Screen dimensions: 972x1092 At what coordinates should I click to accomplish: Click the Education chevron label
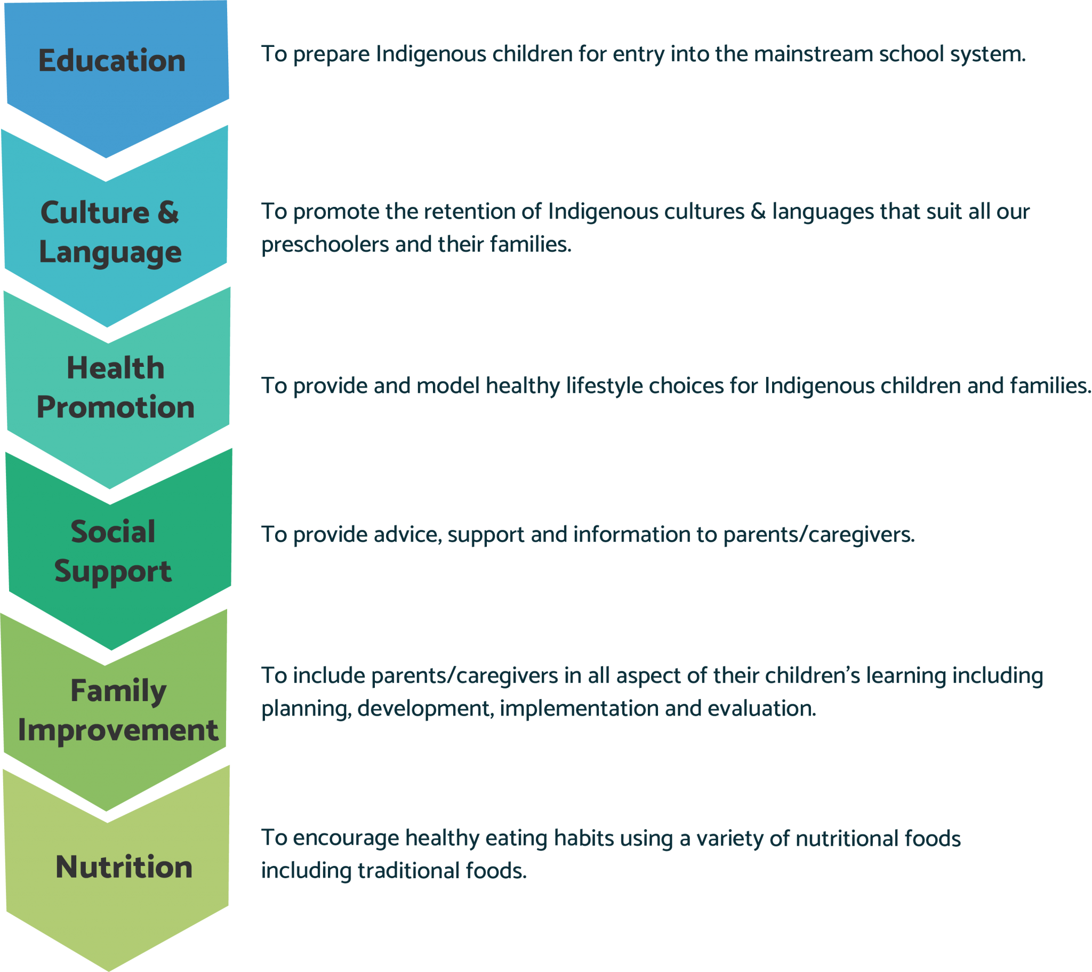click(x=111, y=60)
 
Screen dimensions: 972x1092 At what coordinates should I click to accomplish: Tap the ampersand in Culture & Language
click(x=168, y=212)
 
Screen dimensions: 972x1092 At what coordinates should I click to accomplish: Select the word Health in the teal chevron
click(x=115, y=368)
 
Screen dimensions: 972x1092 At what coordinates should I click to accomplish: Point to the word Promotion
click(x=115, y=407)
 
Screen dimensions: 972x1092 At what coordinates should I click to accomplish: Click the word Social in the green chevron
click(x=113, y=532)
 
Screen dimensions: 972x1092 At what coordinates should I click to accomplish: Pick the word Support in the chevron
click(x=113, y=571)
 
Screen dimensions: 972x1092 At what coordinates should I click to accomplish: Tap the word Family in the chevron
click(x=118, y=691)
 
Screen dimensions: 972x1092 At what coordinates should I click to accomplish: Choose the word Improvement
click(x=118, y=730)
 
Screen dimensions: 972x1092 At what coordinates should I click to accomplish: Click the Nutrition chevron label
click(x=124, y=867)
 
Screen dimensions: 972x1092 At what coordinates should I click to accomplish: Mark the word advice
click(x=407, y=535)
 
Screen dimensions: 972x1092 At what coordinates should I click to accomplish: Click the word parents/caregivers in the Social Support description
click(x=818, y=535)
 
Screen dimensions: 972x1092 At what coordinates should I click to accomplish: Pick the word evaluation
click(x=762, y=709)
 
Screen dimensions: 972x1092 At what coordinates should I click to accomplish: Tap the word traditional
click(x=408, y=871)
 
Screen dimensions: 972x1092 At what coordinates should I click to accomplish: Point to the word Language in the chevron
click(x=110, y=252)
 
